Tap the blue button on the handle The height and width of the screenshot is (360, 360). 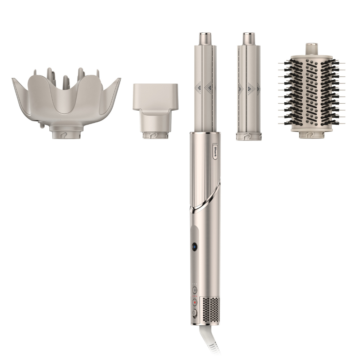(x=194, y=247)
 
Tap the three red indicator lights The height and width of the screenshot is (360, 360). (x=194, y=296)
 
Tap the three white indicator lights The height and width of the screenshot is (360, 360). (x=194, y=284)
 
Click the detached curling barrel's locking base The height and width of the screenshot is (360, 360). (x=248, y=136)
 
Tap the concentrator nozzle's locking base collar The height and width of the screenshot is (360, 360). (x=154, y=135)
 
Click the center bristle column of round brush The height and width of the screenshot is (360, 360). (x=312, y=94)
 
